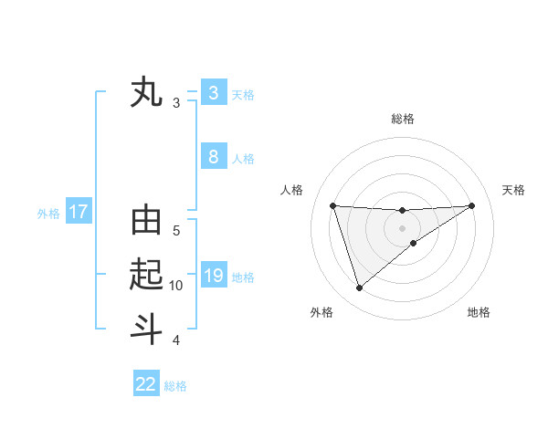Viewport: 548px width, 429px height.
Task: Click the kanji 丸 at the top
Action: [146, 92]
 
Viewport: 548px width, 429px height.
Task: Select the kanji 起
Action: [146, 275]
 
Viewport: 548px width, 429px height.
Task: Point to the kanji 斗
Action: [146, 328]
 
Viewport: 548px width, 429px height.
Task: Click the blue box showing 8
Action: [213, 157]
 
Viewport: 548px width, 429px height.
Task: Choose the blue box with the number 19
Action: [213, 276]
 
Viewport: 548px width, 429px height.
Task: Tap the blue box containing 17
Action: [79, 213]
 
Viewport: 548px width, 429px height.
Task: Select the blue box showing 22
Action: [146, 384]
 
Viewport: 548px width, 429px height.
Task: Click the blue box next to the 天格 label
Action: [213, 93]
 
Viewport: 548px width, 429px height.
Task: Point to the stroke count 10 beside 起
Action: [176, 286]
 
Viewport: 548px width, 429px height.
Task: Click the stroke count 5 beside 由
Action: [176, 231]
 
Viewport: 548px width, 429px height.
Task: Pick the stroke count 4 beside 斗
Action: [176, 340]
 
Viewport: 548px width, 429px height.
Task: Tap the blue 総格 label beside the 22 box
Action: [175, 386]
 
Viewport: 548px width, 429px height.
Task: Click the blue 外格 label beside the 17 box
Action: [48, 214]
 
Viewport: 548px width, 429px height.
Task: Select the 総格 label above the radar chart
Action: [402, 119]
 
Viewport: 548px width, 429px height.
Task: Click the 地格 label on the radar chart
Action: [479, 312]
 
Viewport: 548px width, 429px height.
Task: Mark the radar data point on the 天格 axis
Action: [471, 205]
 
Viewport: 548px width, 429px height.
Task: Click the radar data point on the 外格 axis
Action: [359, 288]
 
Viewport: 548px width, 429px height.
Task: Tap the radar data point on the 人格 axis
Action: [332, 205]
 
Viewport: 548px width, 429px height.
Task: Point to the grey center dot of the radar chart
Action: [402, 227]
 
